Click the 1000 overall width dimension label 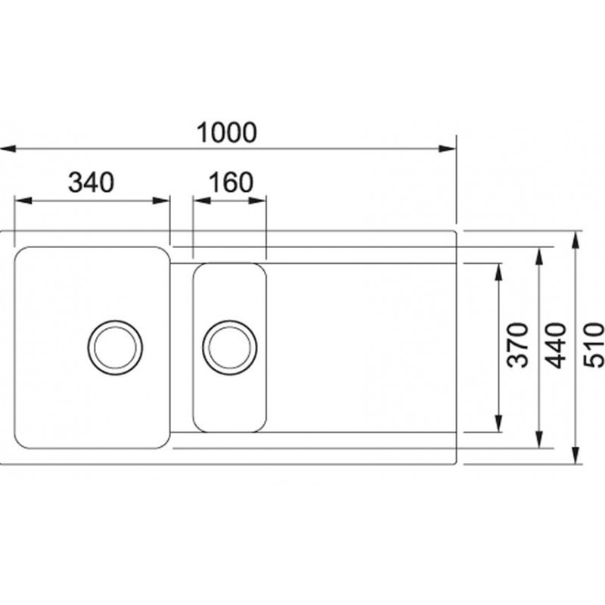point(226,132)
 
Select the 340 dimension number point(91,182)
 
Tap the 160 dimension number point(231,182)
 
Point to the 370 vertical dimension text point(517,345)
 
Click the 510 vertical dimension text point(594,345)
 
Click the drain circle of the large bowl point(115,347)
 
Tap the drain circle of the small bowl point(230,347)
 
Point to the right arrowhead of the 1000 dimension point(448,148)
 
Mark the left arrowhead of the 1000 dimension point(8,148)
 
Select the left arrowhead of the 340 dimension point(23,200)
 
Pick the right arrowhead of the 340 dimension point(161,200)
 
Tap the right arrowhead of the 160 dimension point(257,200)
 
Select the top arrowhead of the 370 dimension point(499,271)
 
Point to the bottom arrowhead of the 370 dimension point(499,423)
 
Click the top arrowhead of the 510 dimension point(576,240)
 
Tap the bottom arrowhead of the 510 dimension point(576,455)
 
